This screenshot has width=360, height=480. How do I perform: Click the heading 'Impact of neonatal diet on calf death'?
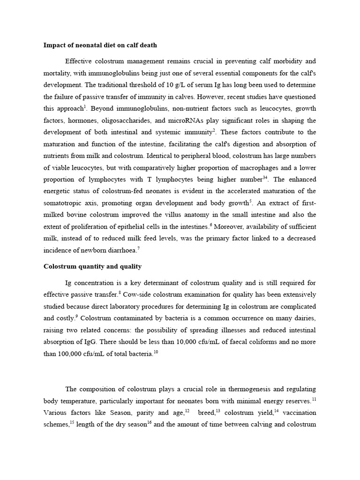click(100, 45)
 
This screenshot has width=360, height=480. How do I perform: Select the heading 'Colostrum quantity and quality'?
click(92, 266)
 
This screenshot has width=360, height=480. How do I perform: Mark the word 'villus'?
click(201, 215)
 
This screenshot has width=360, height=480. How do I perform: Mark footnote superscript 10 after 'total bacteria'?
click(156, 352)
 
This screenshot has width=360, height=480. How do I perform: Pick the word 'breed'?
click(206, 413)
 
